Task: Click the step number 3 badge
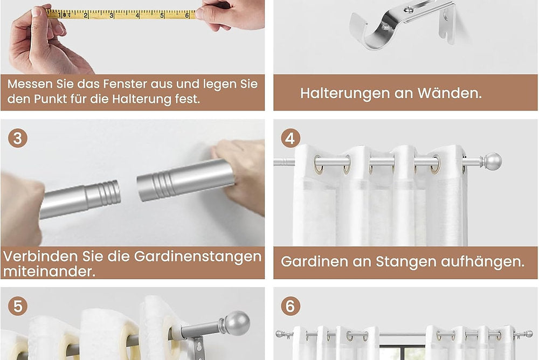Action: (18, 138)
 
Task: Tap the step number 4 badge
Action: (291, 138)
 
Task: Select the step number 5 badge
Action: (18, 306)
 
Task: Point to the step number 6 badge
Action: (291, 306)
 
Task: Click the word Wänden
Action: (450, 93)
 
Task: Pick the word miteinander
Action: (49, 272)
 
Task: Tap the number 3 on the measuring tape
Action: (112, 15)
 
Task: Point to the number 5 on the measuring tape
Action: (162, 16)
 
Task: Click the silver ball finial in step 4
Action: (492, 161)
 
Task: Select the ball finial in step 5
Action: (236, 323)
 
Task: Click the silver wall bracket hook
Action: (402, 25)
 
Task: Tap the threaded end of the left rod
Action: (108, 193)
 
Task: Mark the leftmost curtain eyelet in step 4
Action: (319, 164)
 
